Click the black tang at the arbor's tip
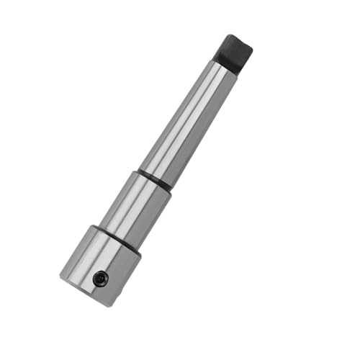(235, 53)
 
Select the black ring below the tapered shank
(155, 179)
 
